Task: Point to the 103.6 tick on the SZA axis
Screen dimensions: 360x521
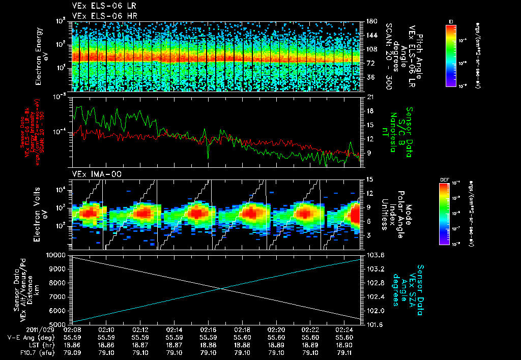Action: (375, 255)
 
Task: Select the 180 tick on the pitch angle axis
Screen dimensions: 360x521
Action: (371, 22)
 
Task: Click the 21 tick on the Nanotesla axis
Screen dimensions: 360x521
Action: (369, 97)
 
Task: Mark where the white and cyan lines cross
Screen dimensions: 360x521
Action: (222, 289)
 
